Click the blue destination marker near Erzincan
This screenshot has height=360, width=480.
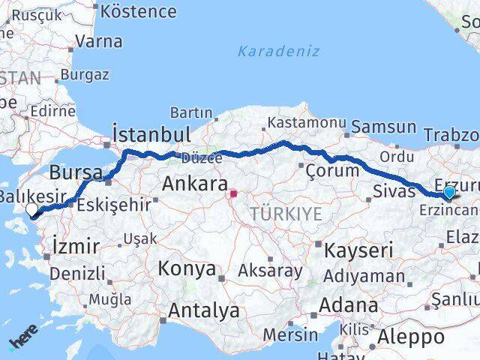click(x=448, y=193)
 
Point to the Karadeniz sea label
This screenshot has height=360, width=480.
click(x=278, y=51)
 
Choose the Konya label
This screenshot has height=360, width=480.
click(x=187, y=268)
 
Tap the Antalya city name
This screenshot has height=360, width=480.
click(x=203, y=310)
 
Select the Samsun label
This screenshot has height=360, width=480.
click(x=382, y=127)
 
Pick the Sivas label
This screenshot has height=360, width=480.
click(x=394, y=191)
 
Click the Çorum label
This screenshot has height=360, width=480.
click(x=332, y=171)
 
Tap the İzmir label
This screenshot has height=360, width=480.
click(x=76, y=245)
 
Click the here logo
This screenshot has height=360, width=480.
click(x=22, y=342)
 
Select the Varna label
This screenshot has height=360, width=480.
click(x=98, y=41)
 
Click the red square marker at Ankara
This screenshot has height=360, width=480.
click(x=233, y=193)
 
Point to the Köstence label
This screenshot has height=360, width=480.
click(x=138, y=11)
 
